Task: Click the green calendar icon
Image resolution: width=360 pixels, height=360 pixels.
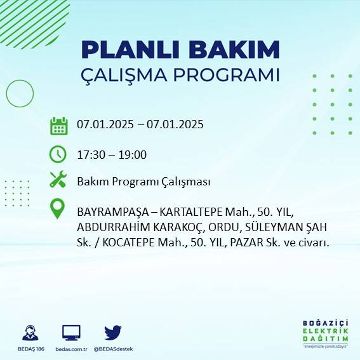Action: pyautogui.click(x=58, y=126)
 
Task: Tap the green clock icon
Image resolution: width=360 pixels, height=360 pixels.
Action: pyautogui.click(x=58, y=154)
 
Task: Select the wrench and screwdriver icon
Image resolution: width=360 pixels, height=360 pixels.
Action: pyautogui.click(x=58, y=180)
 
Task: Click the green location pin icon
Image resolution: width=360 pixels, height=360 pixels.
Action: pyautogui.click(x=58, y=208)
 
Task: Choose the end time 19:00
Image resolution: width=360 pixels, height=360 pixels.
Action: pyautogui.click(x=134, y=154)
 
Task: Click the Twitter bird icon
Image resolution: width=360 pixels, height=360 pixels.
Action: pyautogui.click(x=113, y=332)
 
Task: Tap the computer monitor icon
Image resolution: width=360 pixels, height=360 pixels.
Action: pyautogui.click(x=71, y=332)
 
